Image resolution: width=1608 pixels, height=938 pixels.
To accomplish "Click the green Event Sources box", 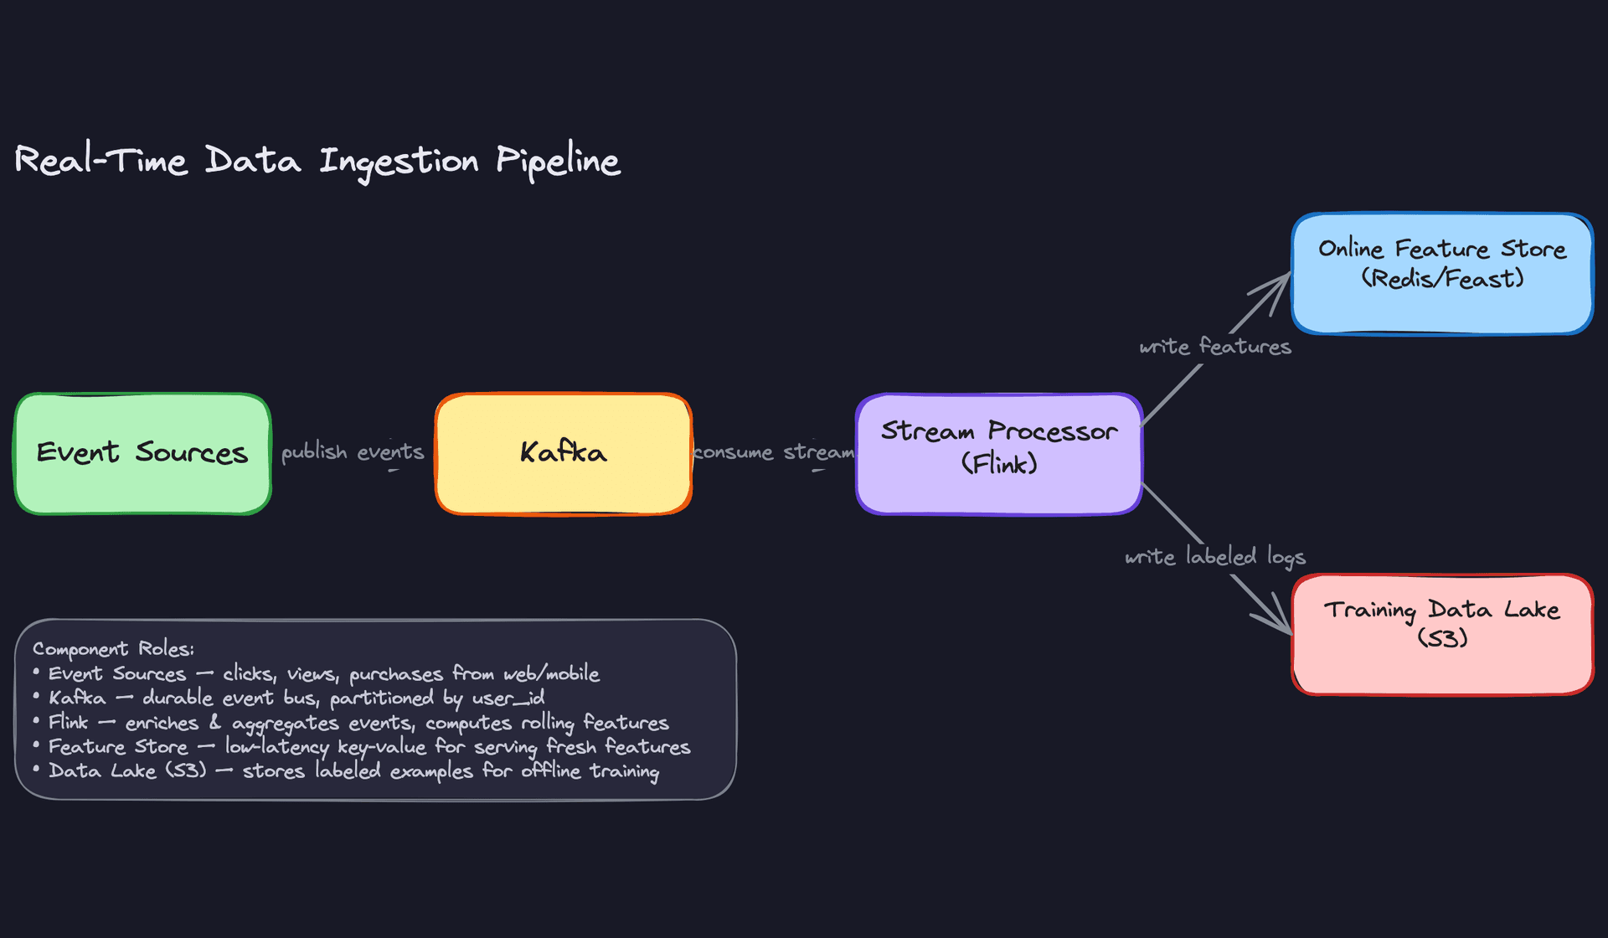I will point(142,453).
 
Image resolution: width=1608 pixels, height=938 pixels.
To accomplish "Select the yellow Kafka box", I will point(563,453).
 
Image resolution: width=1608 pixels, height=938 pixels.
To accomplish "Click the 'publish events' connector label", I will point(353,452).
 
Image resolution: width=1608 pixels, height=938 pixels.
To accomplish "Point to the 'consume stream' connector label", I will point(774,452).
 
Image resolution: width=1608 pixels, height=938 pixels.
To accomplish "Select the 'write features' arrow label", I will point(1214,347).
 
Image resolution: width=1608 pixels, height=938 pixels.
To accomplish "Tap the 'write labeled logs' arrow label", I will point(1214,557).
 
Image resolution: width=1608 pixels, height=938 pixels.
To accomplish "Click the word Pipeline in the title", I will point(558,161).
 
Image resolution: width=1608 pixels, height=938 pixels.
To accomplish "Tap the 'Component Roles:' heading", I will point(113,649).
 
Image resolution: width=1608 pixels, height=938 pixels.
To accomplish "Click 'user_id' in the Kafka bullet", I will point(508,698).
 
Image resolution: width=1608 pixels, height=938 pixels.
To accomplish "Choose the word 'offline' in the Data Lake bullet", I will point(550,770).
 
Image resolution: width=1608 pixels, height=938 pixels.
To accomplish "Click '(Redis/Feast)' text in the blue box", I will point(1441,279).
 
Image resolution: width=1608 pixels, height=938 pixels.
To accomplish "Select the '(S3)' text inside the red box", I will point(1442,638).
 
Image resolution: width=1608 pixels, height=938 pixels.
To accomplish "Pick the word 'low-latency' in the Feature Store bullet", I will point(276,746).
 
